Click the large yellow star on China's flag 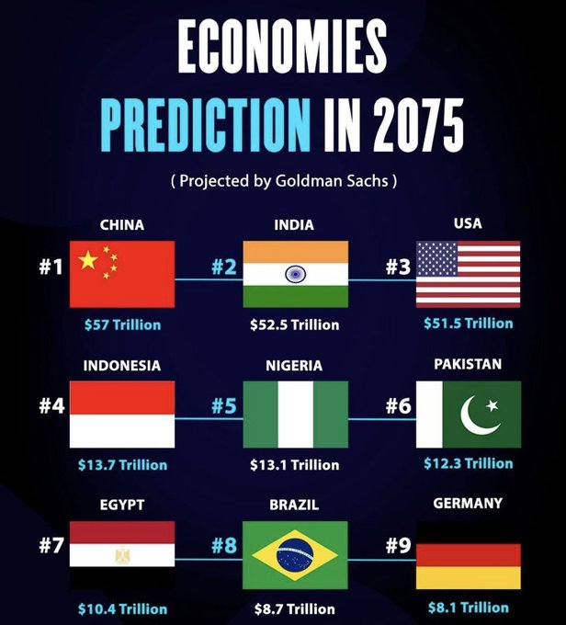(88, 260)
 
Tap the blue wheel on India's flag (295, 274)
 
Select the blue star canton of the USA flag (436, 258)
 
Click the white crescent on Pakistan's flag (479, 415)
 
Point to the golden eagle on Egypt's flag (121, 555)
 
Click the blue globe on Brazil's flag (295, 555)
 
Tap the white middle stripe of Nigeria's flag (295, 415)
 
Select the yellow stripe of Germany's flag (469, 577)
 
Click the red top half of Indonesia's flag (122, 397)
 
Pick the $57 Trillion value (123, 324)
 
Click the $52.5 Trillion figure (295, 324)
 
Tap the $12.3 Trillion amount (469, 463)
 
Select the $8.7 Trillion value (295, 609)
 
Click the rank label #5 (224, 405)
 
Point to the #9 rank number (398, 545)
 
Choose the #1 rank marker (51, 267)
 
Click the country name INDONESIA (122, 366)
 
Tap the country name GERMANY (468, 503)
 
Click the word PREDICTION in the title (205, 124)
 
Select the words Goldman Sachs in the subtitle (332, 180)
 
